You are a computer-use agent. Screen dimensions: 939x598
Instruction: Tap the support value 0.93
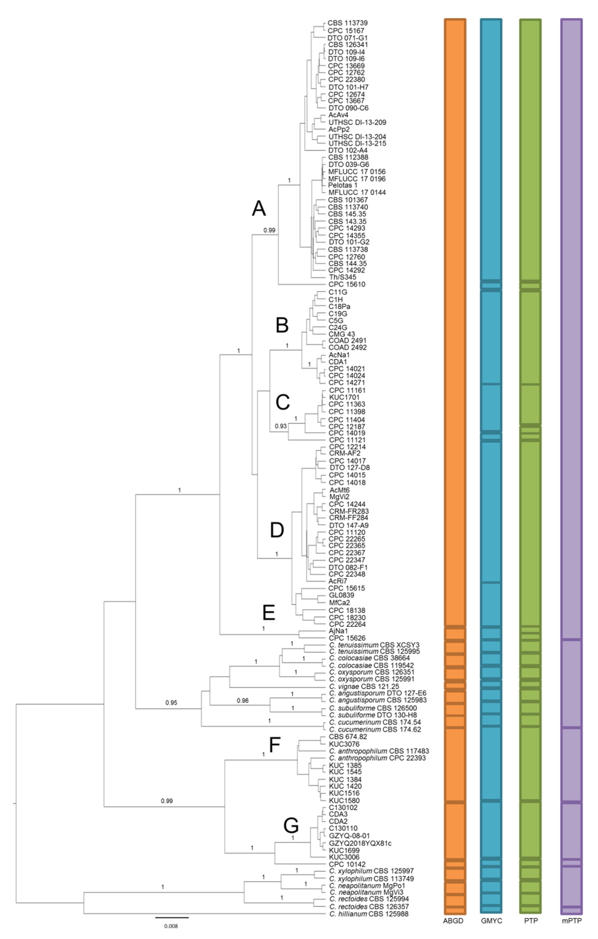[281, 426]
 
